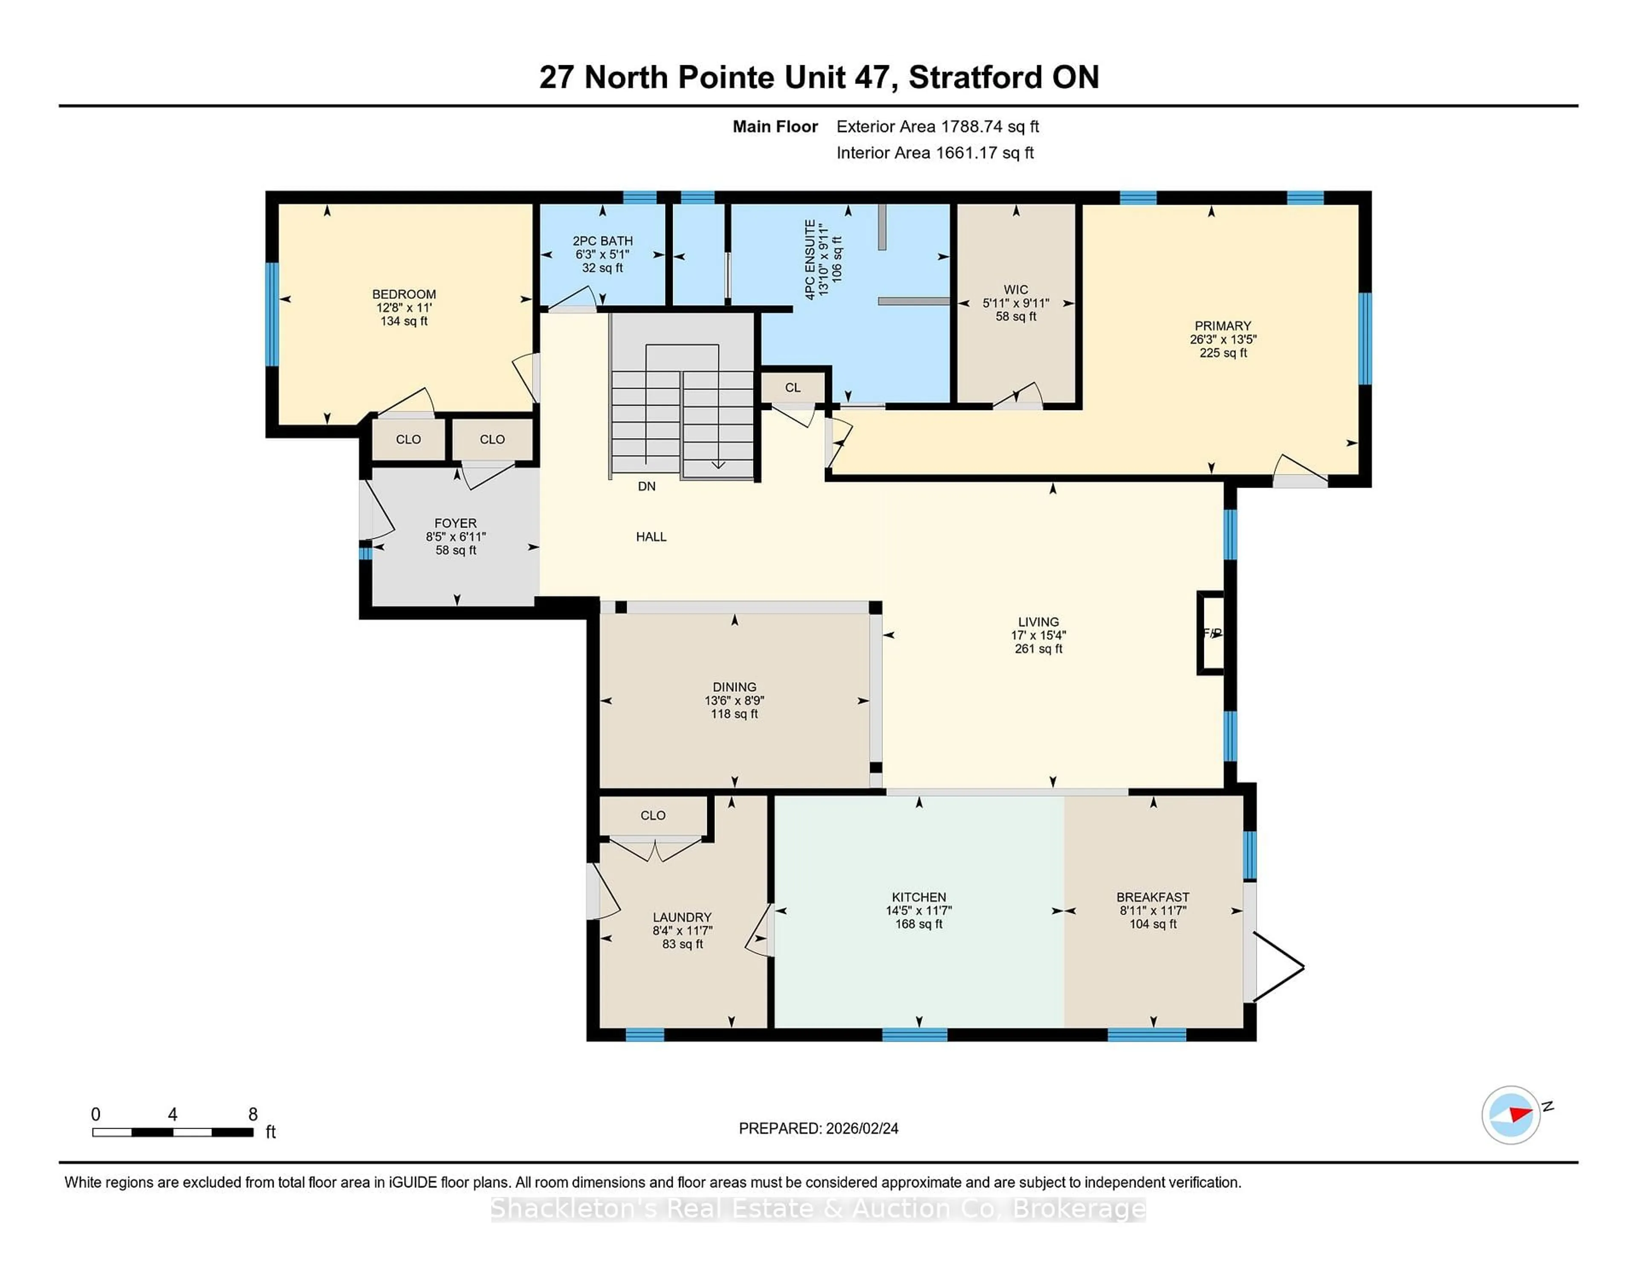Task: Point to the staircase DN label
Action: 646,486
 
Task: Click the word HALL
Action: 651,537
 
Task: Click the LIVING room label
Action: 1038,622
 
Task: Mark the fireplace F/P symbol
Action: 1211,633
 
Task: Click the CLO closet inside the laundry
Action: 652,815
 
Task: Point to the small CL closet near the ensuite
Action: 792,387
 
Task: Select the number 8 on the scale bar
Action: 253,1115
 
